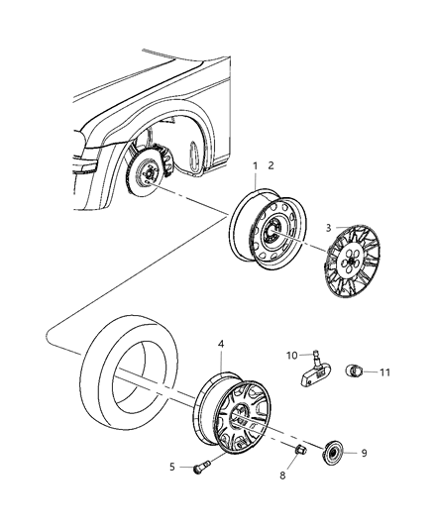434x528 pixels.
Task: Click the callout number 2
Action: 271,164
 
